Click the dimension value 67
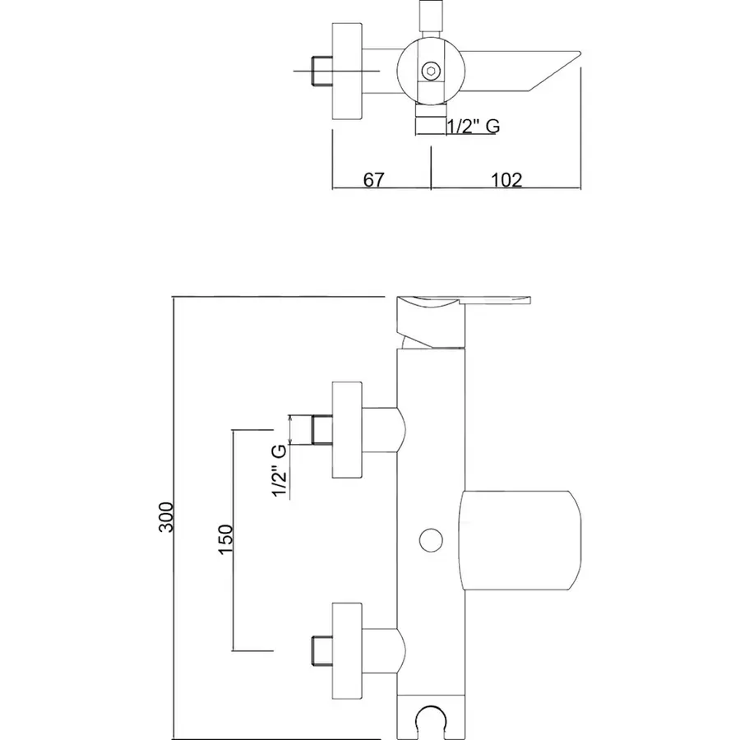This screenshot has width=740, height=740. (374, 180)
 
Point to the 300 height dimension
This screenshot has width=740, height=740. (167, 516)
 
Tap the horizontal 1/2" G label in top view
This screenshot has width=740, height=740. (473, 127)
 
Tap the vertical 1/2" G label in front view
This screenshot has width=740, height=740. (280, 471)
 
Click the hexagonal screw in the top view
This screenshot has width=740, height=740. (430, 72)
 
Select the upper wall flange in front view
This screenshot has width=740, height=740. (346, 430)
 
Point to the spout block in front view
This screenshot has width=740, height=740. (520, 540)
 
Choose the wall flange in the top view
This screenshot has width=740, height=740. (346, 72)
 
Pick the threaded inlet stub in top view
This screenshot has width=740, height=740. (320, 72)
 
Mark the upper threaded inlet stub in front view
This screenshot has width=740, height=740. (320, 430)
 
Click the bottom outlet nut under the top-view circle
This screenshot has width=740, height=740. (430, 124)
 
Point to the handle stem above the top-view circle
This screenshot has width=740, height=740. (430, 16)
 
